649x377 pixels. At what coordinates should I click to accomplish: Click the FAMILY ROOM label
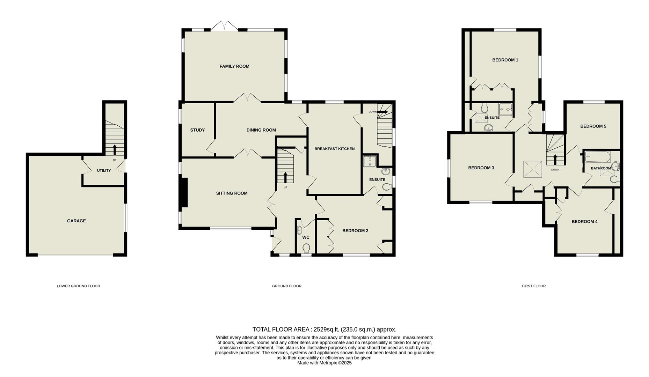coord(234,66)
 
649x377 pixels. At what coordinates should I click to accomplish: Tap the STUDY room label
coord(197,130)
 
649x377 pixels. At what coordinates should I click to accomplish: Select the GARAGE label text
coord(76,221)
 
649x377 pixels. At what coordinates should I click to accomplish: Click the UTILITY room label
coord(104,171)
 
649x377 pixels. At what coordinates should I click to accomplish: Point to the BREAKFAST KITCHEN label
coord(334,149)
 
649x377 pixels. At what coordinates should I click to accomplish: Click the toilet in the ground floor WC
coord(306,248)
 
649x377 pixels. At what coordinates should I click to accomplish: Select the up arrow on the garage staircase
coord(115,149)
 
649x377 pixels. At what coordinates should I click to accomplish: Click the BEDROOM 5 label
coord(593,126)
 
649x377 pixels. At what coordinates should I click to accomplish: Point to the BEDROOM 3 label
coord(481,168)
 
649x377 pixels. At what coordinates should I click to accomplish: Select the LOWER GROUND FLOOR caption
coord(78,286)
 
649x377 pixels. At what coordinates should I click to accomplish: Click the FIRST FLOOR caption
coord(533,286)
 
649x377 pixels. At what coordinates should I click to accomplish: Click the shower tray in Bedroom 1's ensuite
coord(505,109)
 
